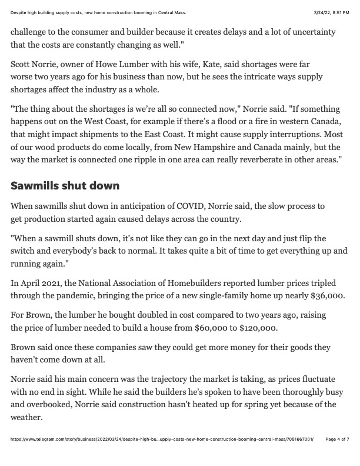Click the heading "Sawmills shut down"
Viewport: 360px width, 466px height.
(x=65, y=186)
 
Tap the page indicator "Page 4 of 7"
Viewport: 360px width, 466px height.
(x=337, y=455)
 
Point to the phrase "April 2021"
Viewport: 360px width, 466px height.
(x=43, y=283)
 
